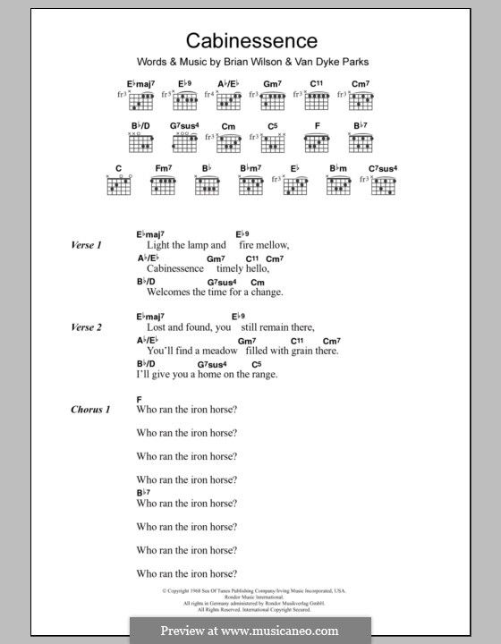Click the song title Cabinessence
click(x=250, y=40)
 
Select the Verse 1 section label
click(x=87, y=244)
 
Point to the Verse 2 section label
click(x=87, y=327)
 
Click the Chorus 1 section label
click(x=90, y=410)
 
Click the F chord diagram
click(x=317, y=143)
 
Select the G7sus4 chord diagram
click(x=185, y=143)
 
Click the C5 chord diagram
click(x=272, y=143)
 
